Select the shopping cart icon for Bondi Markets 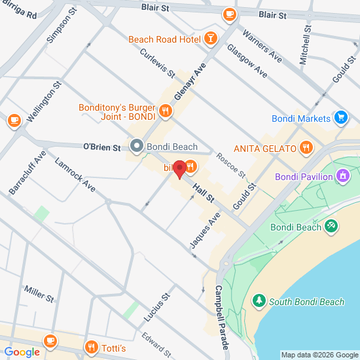(340, 118)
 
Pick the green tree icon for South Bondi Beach (259, 302)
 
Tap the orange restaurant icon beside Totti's (91, 346)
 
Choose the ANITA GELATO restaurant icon (305, 148)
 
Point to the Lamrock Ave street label (75, 176)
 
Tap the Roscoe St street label (230, 166)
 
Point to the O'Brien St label (102, 147)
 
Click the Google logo (22, 352)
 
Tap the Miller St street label (39, 294)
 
